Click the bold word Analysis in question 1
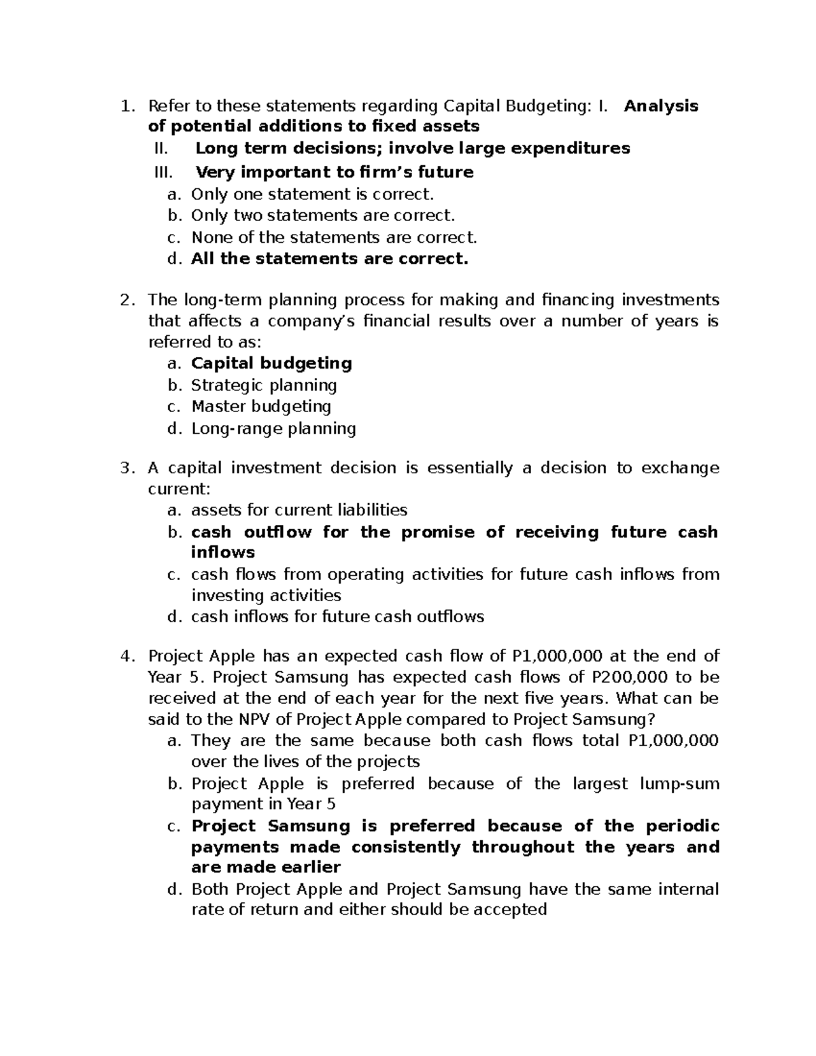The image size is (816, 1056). point(661,106)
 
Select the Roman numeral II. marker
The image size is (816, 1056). point(161,148)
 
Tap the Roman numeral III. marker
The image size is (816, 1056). point(164,172)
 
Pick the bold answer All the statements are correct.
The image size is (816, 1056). point(330,259)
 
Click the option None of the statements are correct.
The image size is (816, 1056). point(335,237)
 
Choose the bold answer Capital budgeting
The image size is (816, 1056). point(271,363)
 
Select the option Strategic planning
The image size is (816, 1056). point(264,386)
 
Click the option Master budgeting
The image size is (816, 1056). point(261,407)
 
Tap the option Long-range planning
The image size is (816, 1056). point(273,428)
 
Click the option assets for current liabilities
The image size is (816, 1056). point(299,510)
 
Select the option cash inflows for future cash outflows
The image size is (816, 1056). point(337,617)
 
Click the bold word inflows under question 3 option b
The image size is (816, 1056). point(223,552)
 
